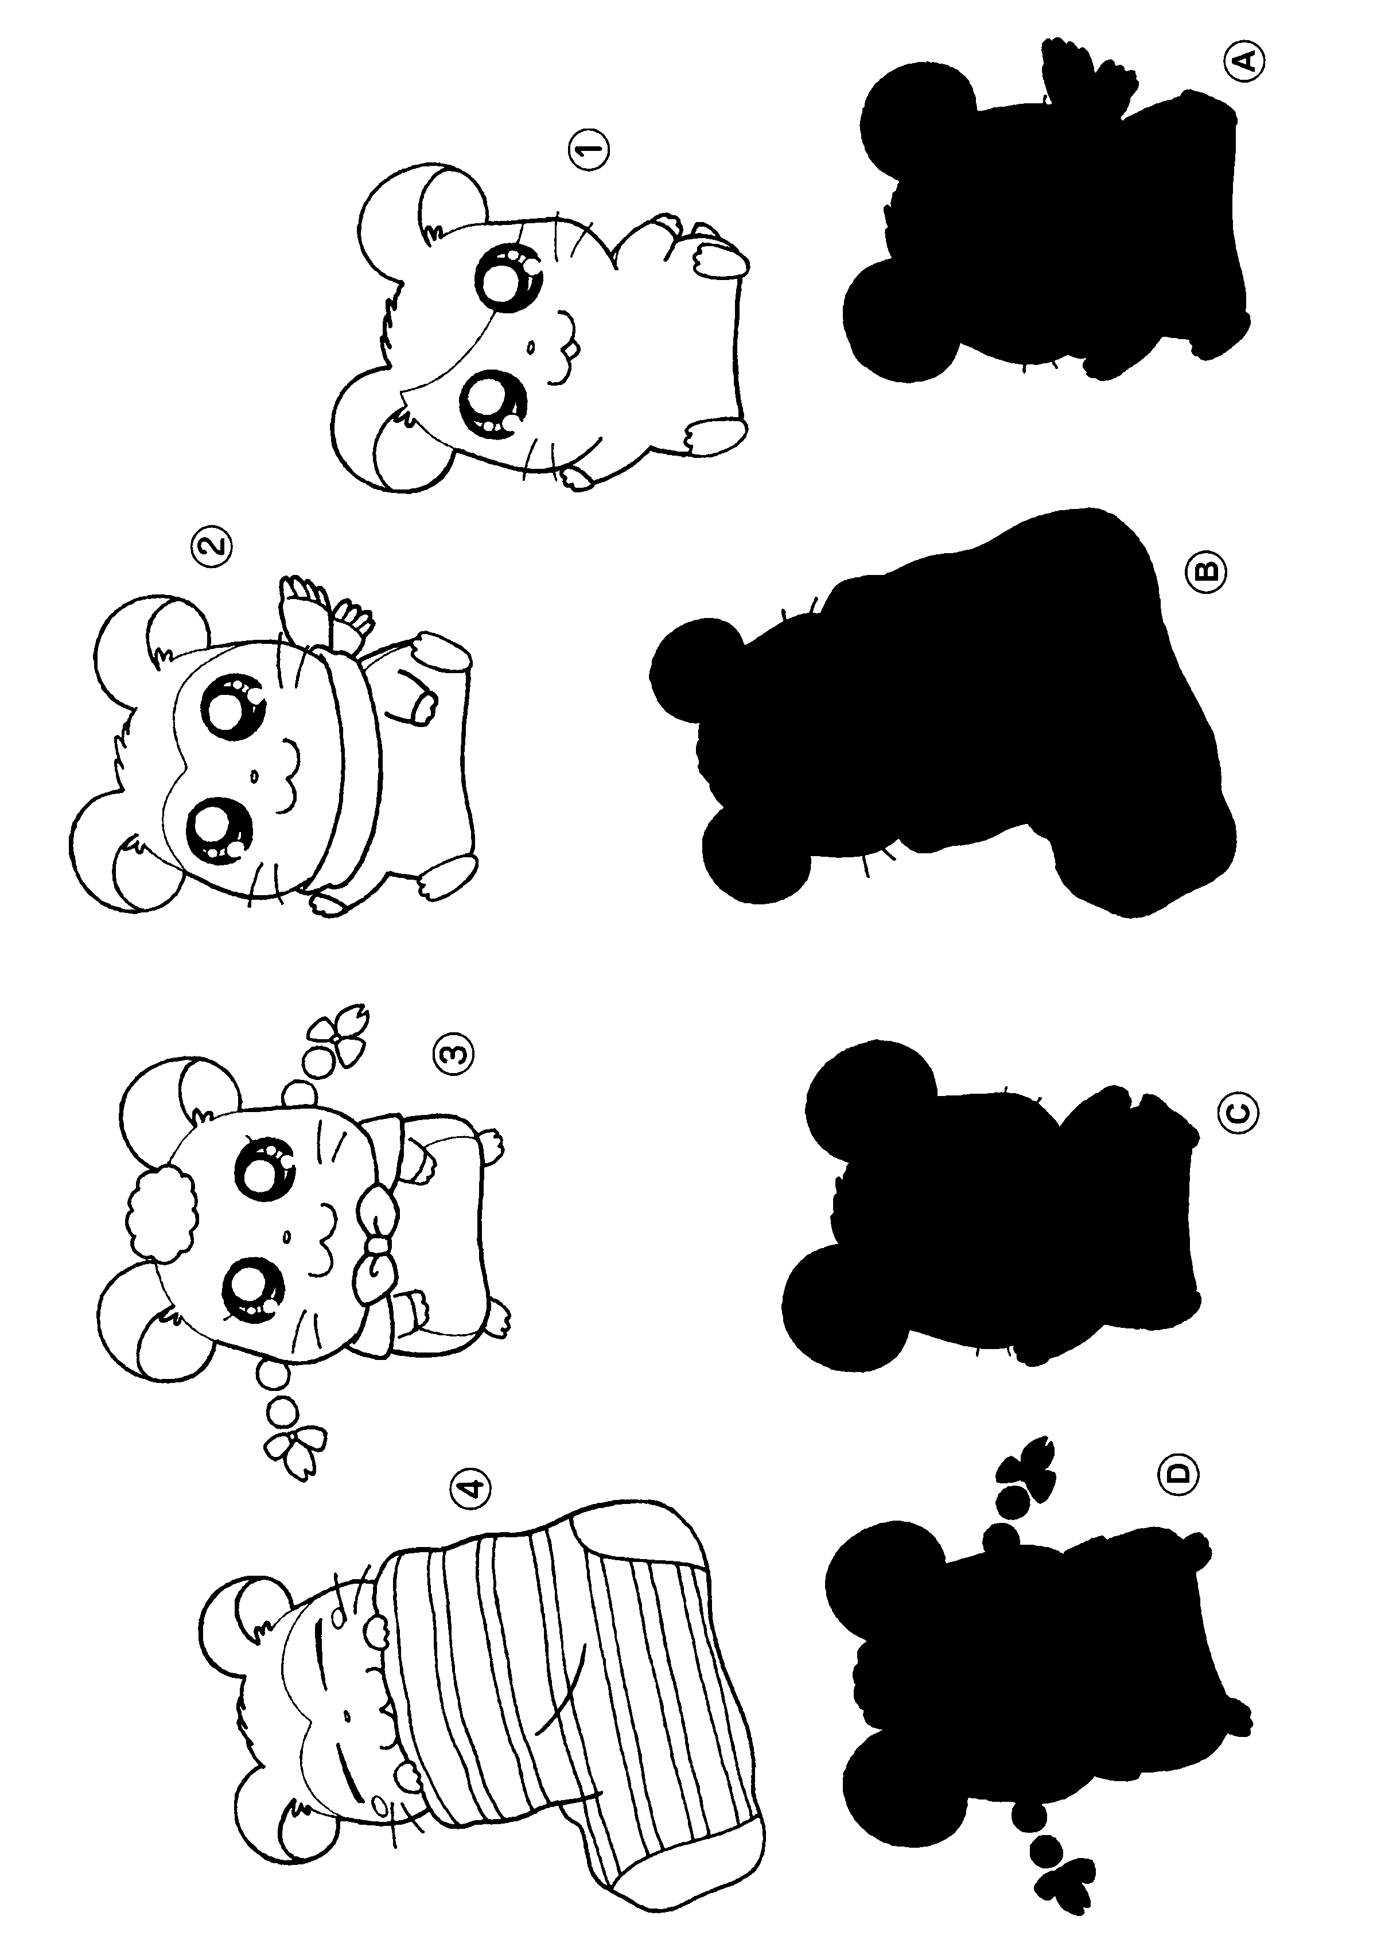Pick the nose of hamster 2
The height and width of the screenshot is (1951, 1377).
(x=252, y=775)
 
